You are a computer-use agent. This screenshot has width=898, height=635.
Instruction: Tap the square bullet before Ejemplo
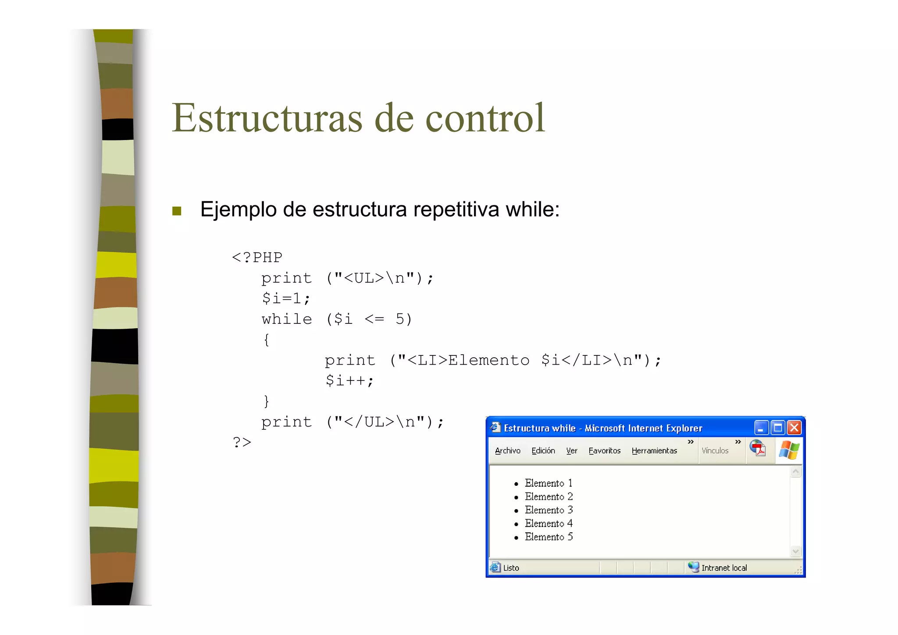(177, 211)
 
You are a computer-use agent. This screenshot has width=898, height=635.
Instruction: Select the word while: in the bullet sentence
(532, 209)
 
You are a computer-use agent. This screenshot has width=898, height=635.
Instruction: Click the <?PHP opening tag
(257, 257)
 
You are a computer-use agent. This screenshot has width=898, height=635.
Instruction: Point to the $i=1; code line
(286, 298)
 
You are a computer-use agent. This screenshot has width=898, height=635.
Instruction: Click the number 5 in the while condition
(399, 319)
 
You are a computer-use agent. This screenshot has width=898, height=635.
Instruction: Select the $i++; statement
(349, 380)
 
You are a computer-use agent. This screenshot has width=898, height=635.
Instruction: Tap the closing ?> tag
(242, 442)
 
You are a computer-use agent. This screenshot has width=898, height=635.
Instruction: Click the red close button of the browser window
(794, 427)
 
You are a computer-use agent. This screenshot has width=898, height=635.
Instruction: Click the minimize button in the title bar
(761, 427)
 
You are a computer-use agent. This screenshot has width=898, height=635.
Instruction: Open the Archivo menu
(507, 451)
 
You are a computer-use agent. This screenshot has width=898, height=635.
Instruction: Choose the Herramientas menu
(654, 451)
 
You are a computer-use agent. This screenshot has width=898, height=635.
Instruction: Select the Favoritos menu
(604, 451)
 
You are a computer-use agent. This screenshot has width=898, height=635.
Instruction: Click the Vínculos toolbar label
(715, 451)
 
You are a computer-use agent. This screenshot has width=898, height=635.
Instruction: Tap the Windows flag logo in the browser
(789, 450)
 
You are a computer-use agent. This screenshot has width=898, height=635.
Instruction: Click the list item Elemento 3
(549, 510)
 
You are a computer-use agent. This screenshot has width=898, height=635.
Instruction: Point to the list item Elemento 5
(549, 537)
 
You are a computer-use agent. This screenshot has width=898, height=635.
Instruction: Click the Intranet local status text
(723, 568)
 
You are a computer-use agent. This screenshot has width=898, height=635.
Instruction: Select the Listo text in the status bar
(511, 568)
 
